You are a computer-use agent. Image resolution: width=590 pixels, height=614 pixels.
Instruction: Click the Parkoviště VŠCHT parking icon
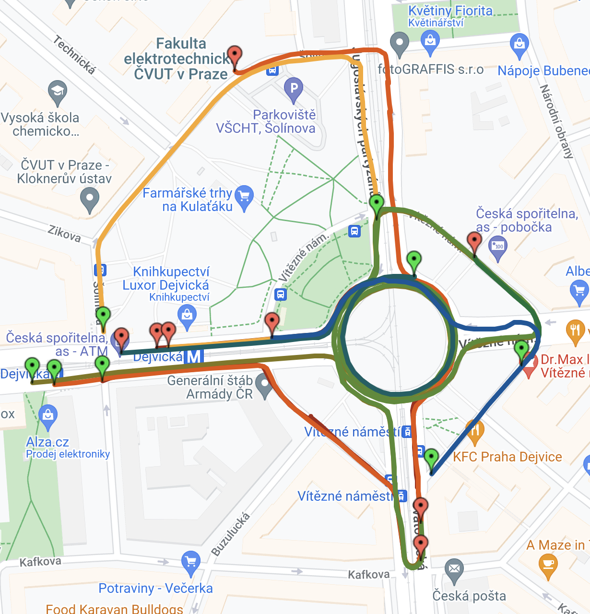coord(294,88)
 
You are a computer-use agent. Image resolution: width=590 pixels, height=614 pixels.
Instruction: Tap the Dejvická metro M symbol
coord(194,356)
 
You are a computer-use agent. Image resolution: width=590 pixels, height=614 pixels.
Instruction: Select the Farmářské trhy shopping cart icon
coord(245,197)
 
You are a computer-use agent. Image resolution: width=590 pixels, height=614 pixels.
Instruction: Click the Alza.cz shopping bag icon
coord(48,414)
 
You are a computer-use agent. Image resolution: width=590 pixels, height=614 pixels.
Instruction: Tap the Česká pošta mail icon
coord(454,569)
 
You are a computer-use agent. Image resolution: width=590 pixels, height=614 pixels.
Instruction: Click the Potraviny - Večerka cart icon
coord(190,562)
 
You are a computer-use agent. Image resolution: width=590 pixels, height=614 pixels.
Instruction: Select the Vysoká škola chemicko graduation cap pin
coord(58,91)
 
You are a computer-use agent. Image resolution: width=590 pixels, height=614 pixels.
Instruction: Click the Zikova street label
coord(64,234)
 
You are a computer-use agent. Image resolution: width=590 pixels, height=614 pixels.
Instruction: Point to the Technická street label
coord(74,55)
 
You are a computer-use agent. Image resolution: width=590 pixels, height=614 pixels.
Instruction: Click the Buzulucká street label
coord(231,534)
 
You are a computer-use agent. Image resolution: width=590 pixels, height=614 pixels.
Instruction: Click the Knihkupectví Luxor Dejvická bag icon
coord(187,316)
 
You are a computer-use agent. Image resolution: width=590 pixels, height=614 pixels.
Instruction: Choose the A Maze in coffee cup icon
coord(548,565)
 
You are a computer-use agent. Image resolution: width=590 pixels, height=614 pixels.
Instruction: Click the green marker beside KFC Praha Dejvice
coord(431,459)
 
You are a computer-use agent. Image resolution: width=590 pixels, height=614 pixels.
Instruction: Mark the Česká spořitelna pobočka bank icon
coord(498,248)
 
